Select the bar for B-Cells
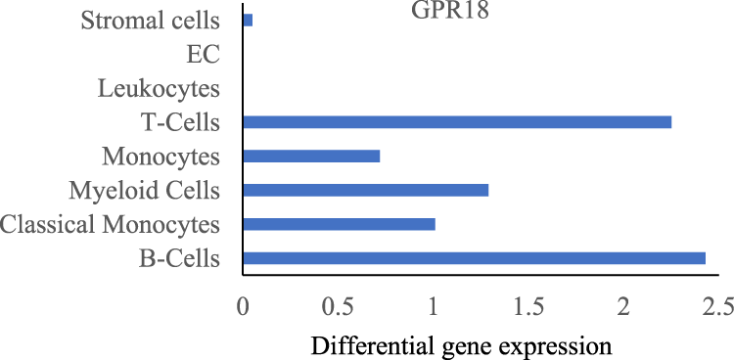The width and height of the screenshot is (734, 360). (474, 258)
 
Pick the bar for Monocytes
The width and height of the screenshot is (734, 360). (311, 157)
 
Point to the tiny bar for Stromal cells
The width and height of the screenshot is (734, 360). (248, 20)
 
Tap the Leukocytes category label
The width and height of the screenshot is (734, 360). (160, 89)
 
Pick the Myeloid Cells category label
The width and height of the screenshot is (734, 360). (146, 191)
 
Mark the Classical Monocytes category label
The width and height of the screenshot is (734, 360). (111, 225)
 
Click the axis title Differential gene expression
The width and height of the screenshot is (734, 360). (462, 345)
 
